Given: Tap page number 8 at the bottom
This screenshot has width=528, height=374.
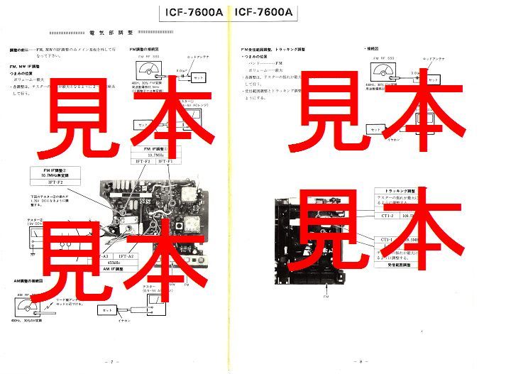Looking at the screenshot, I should click(x=360, y=361).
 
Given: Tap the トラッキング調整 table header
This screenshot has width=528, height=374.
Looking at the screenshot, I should click(x=402, y=192).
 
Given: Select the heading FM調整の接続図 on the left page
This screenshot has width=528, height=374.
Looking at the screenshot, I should click(x=148, y=50).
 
